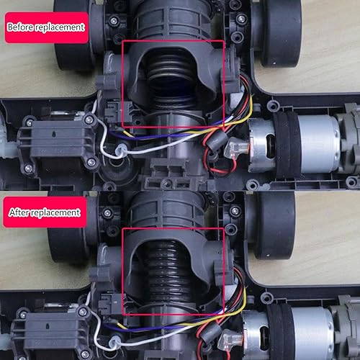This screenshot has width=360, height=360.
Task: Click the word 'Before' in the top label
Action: [20, 27]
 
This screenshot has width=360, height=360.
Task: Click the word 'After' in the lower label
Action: [19, 212]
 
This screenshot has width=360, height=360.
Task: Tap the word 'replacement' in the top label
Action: [60, 27]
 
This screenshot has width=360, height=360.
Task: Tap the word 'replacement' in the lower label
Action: [55, 213]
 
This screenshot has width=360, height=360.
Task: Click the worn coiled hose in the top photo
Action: [171, 79]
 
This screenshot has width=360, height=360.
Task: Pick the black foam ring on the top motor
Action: [287, 144]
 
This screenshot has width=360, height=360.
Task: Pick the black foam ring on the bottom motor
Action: [279, 333]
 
